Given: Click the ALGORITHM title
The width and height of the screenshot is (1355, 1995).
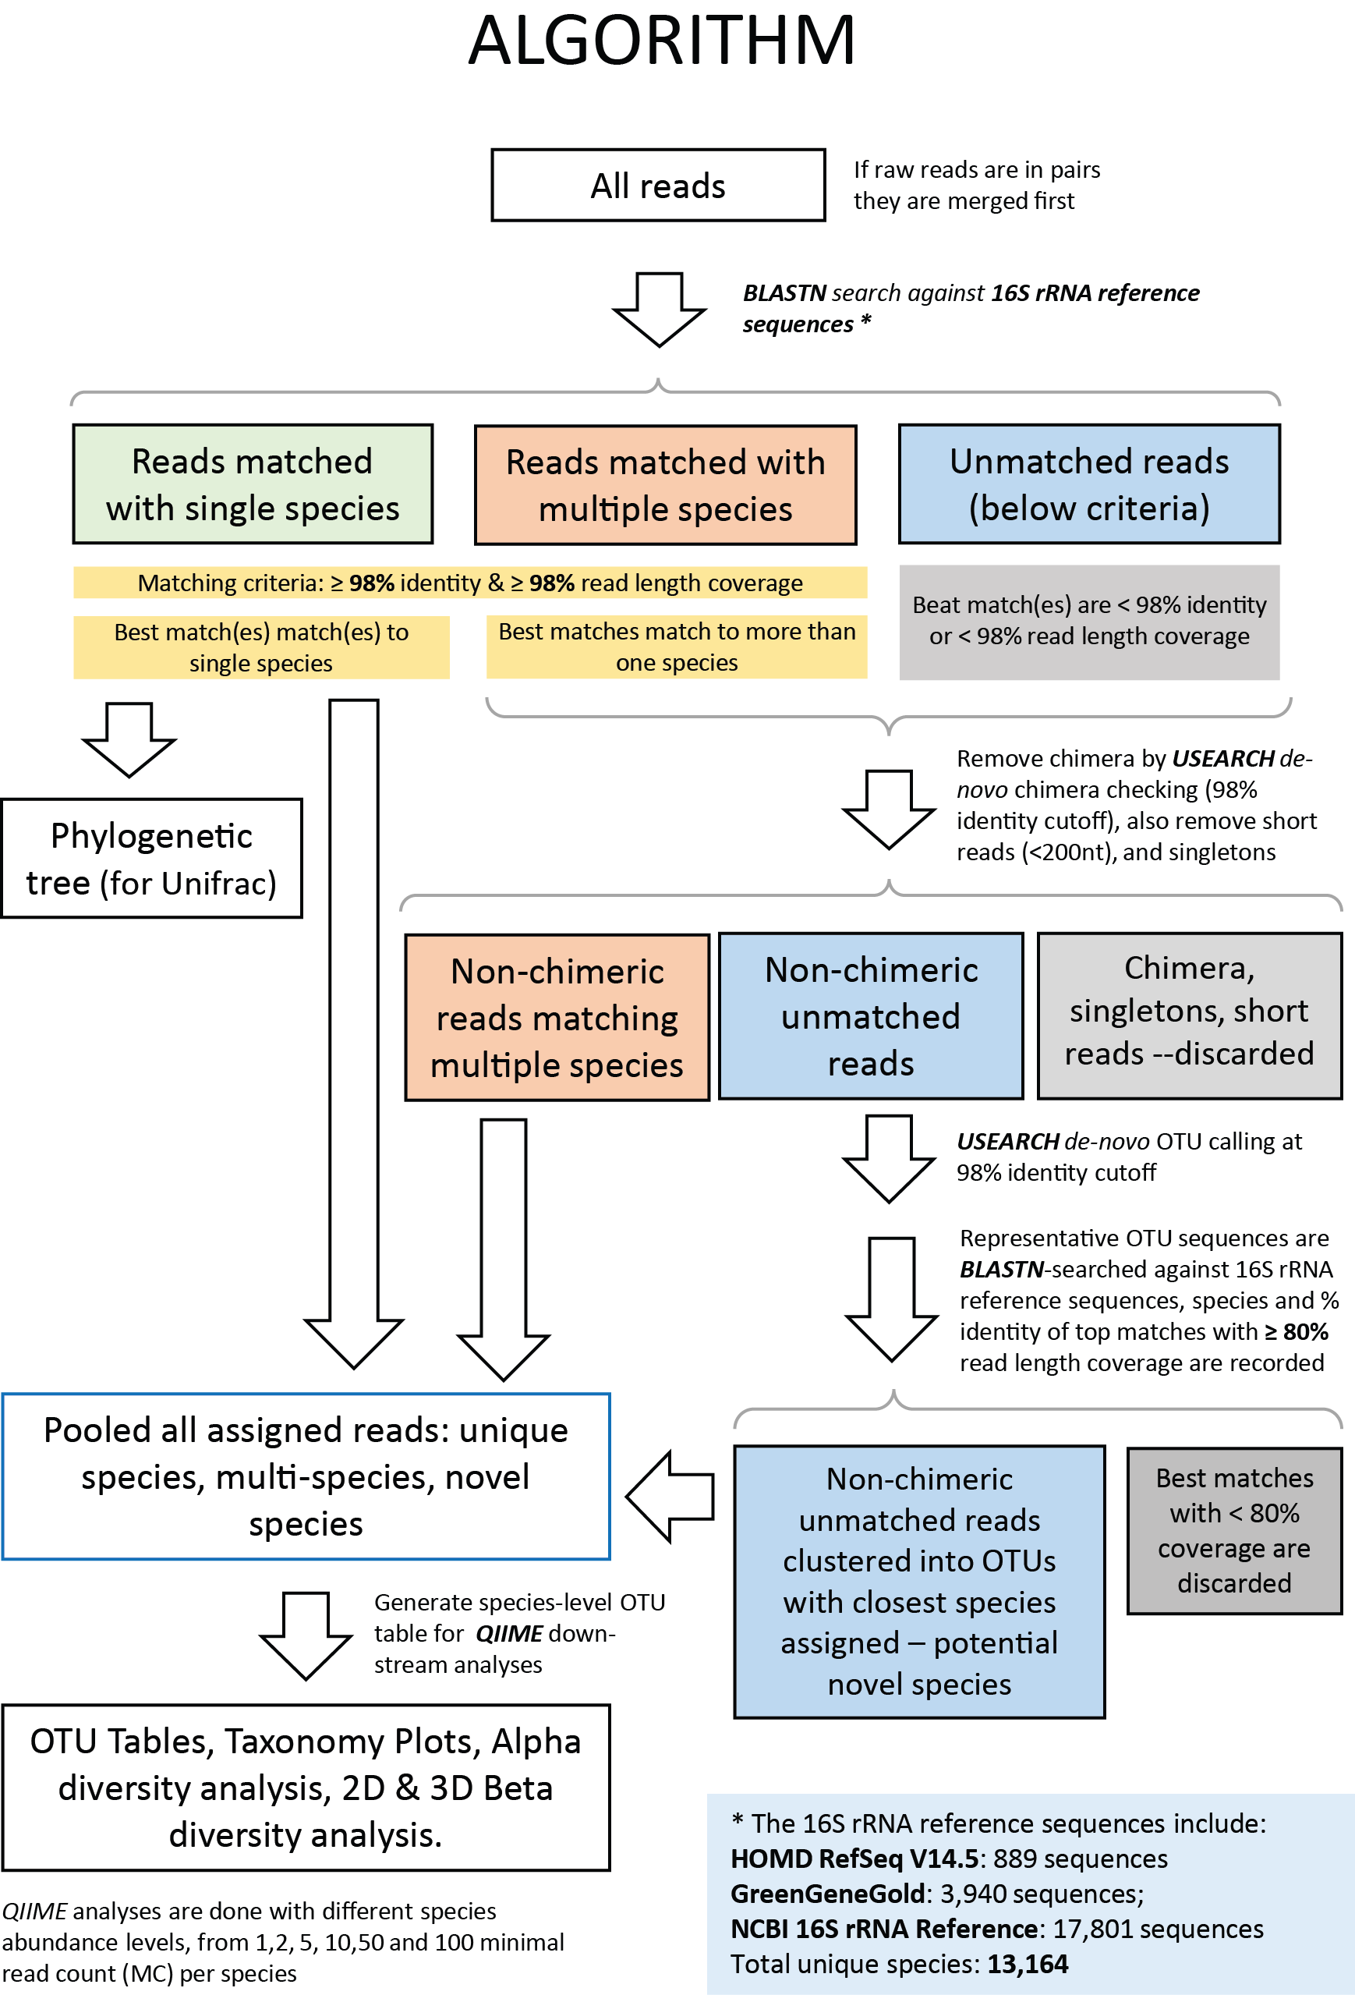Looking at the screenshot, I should [662, 41].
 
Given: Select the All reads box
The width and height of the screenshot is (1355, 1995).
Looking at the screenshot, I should [658, 186].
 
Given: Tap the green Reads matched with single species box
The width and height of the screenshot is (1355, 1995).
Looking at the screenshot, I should [253, 484].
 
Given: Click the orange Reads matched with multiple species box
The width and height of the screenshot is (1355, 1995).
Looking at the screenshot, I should [665, 485].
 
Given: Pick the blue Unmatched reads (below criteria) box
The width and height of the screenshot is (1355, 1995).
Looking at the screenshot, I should [1089, 484].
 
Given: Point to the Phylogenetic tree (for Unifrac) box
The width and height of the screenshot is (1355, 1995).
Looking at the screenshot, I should [151, 859].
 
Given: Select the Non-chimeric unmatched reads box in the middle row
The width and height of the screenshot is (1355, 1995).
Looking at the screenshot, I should [870, 1016].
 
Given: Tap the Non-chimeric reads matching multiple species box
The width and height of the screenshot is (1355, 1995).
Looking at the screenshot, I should [557, 1017].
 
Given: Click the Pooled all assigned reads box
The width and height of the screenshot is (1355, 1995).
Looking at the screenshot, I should [306, 1476].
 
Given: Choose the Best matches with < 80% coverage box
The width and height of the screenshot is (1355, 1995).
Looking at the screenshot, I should [1234, 1531].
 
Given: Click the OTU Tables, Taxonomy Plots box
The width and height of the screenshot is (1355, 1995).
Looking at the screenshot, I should [306, 1788].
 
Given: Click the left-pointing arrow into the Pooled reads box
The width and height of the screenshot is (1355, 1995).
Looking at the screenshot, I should [670, 1496].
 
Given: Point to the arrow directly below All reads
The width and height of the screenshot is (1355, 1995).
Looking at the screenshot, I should [659, 310].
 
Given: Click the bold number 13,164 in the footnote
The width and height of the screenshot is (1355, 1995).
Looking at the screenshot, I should [1028, 1963].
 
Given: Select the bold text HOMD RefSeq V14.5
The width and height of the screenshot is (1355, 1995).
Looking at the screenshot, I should [854, 1859].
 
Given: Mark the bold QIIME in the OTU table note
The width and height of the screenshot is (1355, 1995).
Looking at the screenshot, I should [509, 1633].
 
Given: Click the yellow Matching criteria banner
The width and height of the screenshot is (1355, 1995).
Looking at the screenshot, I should [469, 583].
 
